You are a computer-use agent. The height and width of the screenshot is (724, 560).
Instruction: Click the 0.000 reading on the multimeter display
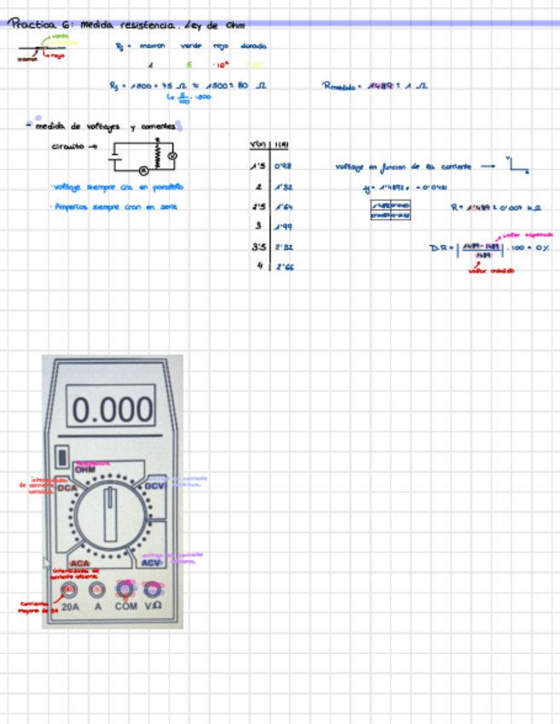112,411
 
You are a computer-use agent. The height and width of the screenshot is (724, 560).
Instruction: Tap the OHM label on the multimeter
85,470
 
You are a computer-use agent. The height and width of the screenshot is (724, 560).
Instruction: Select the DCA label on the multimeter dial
78,488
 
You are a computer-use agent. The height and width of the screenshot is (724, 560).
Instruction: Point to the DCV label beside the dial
155,486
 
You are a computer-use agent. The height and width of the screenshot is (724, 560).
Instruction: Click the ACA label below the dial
79,563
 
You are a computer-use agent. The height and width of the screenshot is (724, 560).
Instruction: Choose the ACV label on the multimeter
150,563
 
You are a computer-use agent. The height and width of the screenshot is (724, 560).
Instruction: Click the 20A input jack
70,589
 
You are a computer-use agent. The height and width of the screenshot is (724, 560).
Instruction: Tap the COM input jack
125,589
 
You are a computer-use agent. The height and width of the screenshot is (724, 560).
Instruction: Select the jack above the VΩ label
153,589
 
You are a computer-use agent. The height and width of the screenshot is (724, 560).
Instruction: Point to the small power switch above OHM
61,455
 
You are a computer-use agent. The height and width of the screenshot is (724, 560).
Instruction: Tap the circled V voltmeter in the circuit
170,157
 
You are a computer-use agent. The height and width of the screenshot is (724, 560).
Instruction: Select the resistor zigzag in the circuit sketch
156,153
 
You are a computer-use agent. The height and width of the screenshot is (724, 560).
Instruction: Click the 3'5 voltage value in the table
260,247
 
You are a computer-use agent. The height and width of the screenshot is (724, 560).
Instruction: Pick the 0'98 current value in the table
283,166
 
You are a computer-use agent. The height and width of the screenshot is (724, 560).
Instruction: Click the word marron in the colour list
151,46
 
